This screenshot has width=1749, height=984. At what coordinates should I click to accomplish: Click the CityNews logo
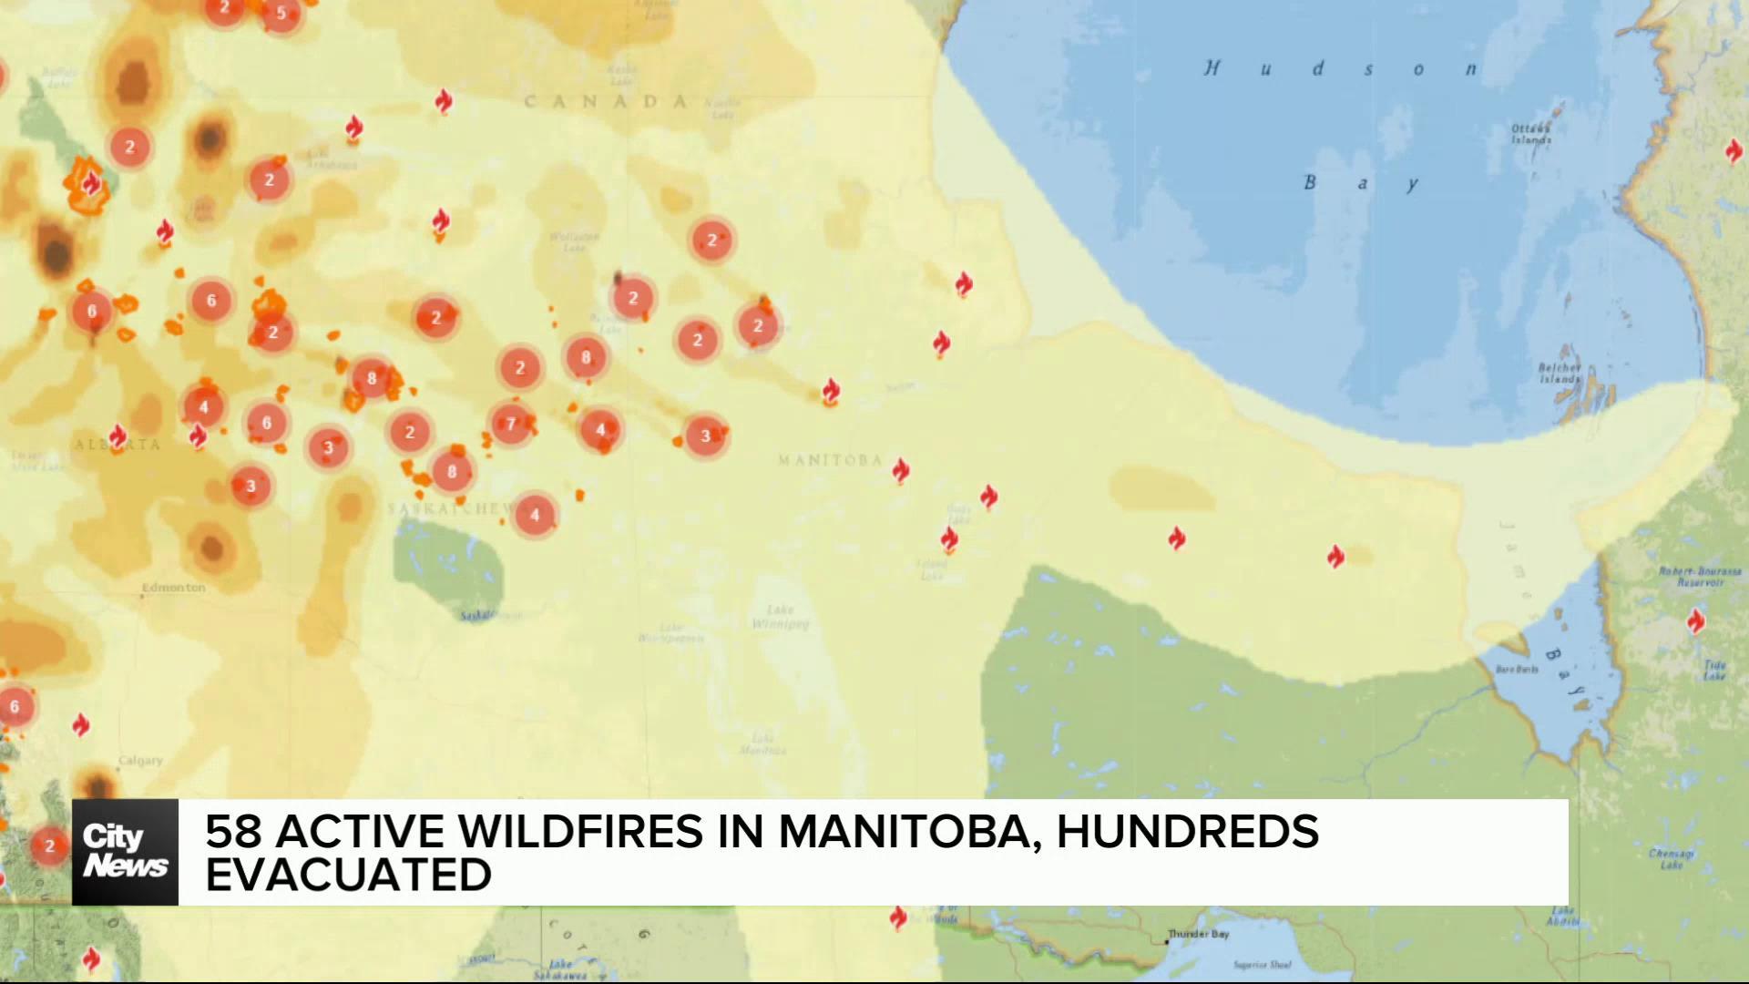click(x=125, y=852)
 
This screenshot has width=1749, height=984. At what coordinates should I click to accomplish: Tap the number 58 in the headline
click(x=234, y=831)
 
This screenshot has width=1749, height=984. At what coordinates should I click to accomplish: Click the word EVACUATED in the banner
click(x=348, y=876)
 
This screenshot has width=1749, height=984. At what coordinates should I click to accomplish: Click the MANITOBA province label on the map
click(x=829, y=460)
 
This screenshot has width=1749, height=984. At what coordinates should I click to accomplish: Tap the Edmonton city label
click(x=174, y=588)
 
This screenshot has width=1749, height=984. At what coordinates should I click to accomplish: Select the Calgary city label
click(x=140, y=760)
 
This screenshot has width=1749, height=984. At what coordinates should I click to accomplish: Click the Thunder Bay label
click(x=1199, y=935)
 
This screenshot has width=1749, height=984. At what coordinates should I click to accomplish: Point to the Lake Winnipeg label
click(x=781, y=617)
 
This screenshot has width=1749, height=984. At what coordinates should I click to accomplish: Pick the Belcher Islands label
click(x=1560, y=374)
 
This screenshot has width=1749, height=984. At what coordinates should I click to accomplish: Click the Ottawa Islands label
click(x=1531, y=135)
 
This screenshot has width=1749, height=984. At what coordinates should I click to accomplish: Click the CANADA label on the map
click(x=605, y=102)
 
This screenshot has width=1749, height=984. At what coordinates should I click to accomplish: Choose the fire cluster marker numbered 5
click(x=281, y=13)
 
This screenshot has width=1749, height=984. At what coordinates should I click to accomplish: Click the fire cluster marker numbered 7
click(x=511, y=423)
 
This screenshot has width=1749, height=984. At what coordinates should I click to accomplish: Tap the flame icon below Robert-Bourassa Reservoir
click(x=1695, y=622)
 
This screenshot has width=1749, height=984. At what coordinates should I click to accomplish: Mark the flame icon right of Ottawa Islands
click(x=1734, y=150)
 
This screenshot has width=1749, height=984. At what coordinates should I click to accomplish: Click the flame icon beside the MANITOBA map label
click(x=900, y=470)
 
